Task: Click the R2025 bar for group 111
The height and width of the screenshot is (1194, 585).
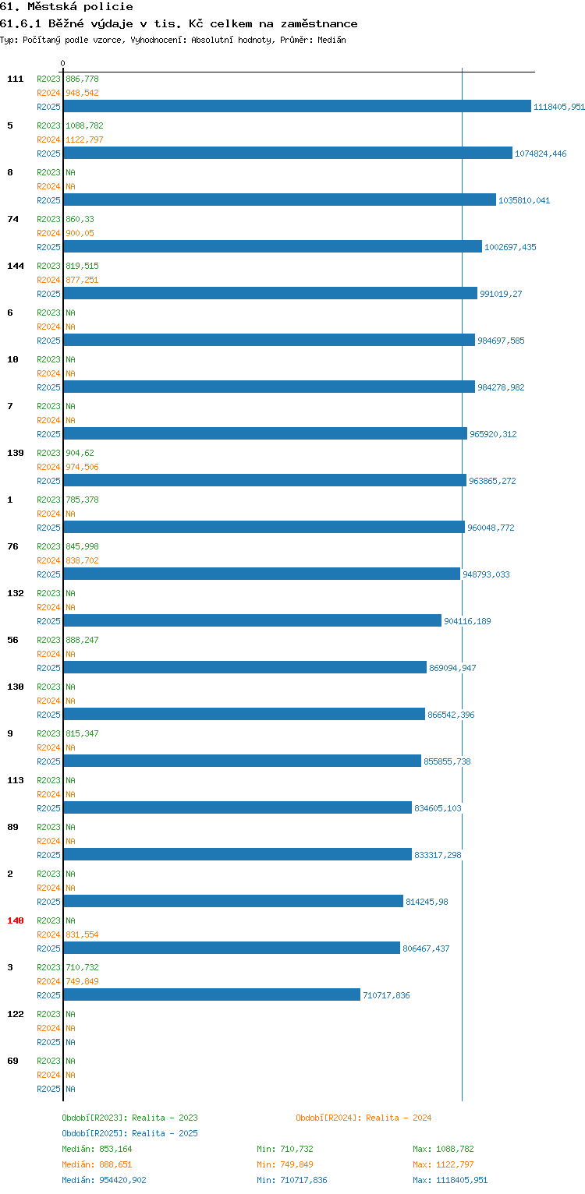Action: pos(297,106)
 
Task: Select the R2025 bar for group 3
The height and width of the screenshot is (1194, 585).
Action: pos(212,994)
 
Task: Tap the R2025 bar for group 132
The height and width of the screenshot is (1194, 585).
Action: pos(253,620)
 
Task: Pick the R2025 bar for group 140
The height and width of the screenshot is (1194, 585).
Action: pos(232,948)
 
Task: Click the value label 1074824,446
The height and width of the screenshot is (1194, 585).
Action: pos(541,154)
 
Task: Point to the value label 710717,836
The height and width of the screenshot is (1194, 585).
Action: pos(386,995)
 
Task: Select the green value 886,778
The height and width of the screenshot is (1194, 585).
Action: pos(82,79)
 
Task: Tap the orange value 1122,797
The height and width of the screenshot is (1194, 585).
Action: pos(84,140)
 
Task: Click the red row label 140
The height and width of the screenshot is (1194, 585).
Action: pos(16,920)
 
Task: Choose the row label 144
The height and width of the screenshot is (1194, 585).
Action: pos(16,266)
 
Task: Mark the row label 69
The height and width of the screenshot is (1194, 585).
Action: pos(12,1061)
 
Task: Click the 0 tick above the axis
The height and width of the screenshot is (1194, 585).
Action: pos(63,63)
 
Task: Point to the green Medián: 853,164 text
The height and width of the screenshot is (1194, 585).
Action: pos(97,1149)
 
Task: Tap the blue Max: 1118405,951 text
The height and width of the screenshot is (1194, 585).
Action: pos(449,1180)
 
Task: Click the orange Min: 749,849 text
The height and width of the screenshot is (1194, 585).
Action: pos(285,1164)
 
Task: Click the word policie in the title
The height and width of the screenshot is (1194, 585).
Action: pos(108,7)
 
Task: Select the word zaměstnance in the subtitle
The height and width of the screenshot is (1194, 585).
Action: pos(319,24)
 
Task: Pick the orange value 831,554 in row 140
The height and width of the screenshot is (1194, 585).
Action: pos(82,934)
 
